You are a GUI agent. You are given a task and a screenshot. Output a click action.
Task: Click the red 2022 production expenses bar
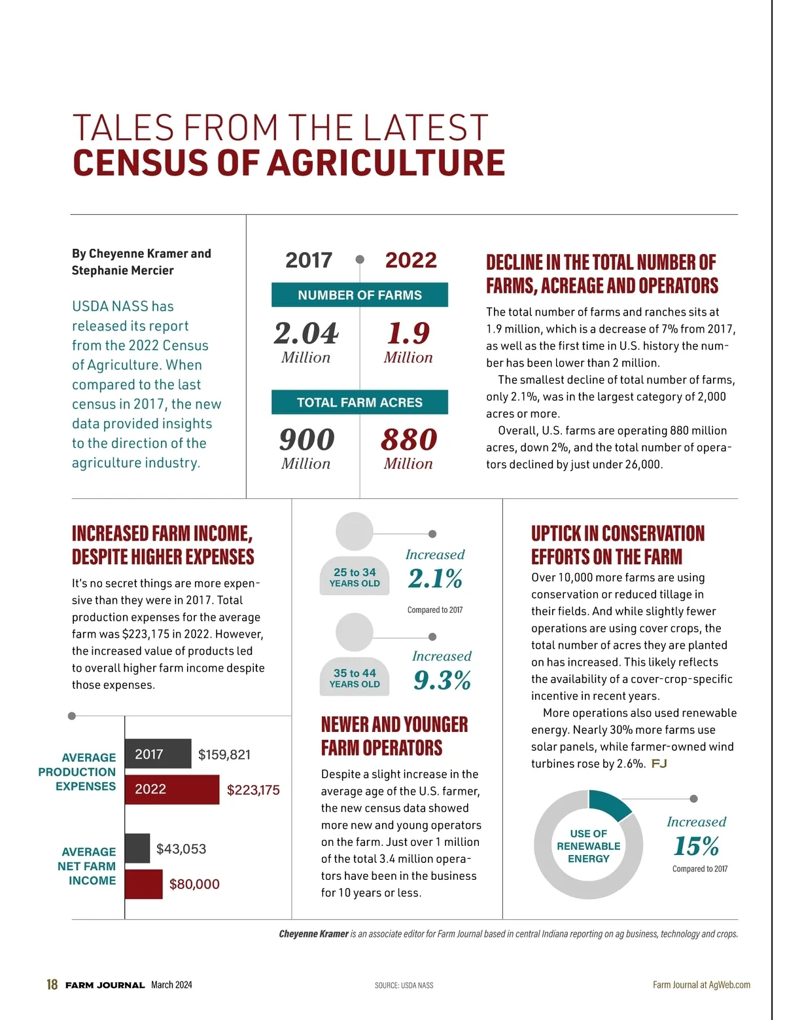[172, 790]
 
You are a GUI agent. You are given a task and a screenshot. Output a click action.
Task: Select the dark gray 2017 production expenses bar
[158, 754]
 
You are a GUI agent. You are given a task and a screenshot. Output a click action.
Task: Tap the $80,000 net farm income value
[194, 884]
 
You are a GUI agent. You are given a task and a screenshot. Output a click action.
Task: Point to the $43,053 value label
[181, 849]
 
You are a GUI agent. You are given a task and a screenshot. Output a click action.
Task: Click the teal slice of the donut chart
[608, 805]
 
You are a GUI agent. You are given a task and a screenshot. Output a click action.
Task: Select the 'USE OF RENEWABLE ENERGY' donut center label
[588, 846]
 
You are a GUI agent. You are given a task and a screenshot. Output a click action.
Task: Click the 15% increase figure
[696, 847]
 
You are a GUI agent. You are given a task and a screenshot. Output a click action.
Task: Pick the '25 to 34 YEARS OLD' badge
[355, 577]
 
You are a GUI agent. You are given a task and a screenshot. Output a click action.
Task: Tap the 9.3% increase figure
[442, 681]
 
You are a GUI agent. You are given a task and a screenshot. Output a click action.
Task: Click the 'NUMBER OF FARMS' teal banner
[360, 295]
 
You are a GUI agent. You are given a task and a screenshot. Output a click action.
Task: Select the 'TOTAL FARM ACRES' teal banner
[360, 403]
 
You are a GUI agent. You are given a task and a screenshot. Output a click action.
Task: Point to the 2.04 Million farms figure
[306, 340]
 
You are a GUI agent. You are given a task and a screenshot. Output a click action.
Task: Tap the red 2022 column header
[410, 261]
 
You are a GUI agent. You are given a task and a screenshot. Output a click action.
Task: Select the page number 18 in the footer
[52, 985]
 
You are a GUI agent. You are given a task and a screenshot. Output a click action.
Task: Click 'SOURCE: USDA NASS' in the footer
[404, 985]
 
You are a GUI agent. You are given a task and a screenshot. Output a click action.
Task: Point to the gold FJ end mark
[659, 764]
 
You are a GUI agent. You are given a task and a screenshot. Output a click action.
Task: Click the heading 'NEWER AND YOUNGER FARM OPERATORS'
[394, 736]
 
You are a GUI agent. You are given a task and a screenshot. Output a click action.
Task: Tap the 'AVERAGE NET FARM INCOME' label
[87, 866]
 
